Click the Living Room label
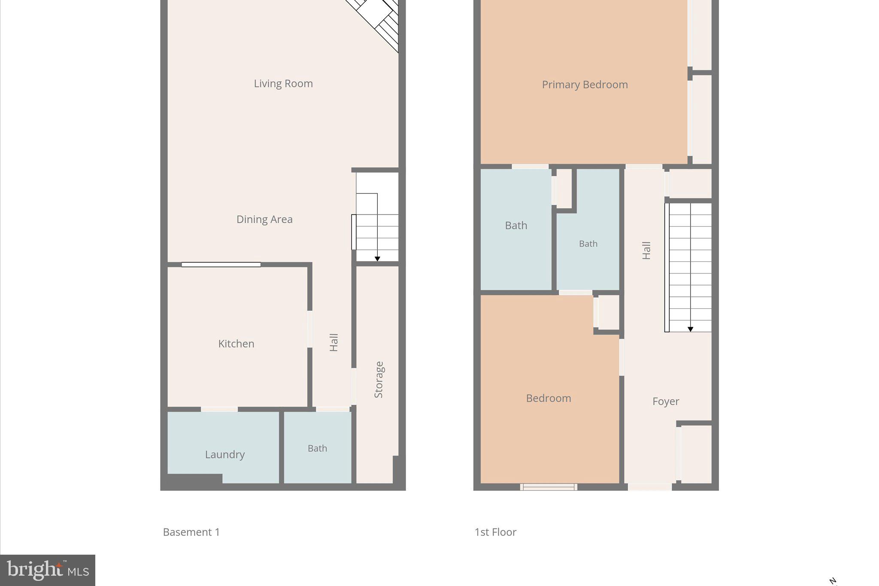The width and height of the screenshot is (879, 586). pyautogui.click(x=283, y=83)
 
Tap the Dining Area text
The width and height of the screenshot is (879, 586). pyautogui.click(x=264, y=219)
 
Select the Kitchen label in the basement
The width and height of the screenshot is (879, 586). pyautogui.click(x=236, y=343)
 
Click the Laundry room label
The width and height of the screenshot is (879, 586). pyautogui.click(x=224, y=454)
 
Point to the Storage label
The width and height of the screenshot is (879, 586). pyautogui.click(x=379, y=380)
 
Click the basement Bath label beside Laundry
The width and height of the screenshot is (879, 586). pyautogui.click(x=317, y=448)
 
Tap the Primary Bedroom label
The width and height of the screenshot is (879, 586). pyautogui.click(x=585, y=85)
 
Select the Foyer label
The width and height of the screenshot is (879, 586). pyautogui.click(x=665, y=401)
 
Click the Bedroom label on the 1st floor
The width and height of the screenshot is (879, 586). pyautogui.click(x=548, y=398)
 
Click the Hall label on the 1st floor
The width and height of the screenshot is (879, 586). pyautogui.click(x=646, y=250)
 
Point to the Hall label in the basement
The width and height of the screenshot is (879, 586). pyautogui.click(x=334, y=342)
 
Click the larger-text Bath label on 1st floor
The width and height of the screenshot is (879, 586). pyautogui.click(x=516, y=225)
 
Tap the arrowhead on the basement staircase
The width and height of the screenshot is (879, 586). pyautogui.click(x=377, y=259)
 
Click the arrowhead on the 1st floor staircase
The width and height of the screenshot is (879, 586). pyautogui.click(x=690, y=329)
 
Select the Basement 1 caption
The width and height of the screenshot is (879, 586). pyautogui.click(x=191, y=532)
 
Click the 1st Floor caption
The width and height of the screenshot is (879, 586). pyautogui.click(x=495, y=532)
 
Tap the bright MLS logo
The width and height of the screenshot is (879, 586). pyautogui.click(x=48, y=570)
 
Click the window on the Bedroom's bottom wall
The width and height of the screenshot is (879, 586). pyautogui.click(x=549, y=487)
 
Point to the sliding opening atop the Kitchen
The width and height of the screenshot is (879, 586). pyautogui.click(x=221, y=264)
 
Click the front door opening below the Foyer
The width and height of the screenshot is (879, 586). pyautogui.click(x=650, y=487)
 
